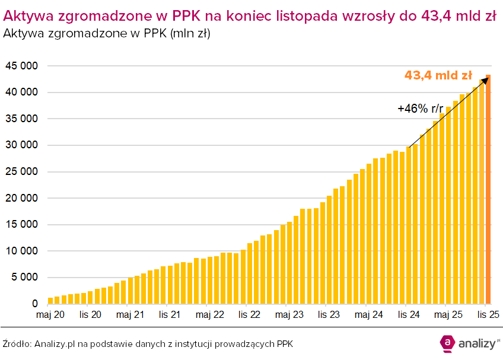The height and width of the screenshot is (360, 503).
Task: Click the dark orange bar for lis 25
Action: coord(488,190)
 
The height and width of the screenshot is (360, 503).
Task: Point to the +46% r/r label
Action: coord(420,109)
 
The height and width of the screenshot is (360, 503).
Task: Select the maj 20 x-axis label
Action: coord(50,314)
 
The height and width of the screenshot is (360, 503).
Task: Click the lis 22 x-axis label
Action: coord(249,314)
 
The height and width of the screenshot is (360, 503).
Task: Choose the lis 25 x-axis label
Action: coord(487,314)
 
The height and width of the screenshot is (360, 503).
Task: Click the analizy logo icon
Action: coord(446,343)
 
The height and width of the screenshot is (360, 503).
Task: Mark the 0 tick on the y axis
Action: coord(35,304)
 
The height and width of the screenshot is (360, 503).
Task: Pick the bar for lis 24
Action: coord(409,225)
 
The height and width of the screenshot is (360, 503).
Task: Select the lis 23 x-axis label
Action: coord(327,314)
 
